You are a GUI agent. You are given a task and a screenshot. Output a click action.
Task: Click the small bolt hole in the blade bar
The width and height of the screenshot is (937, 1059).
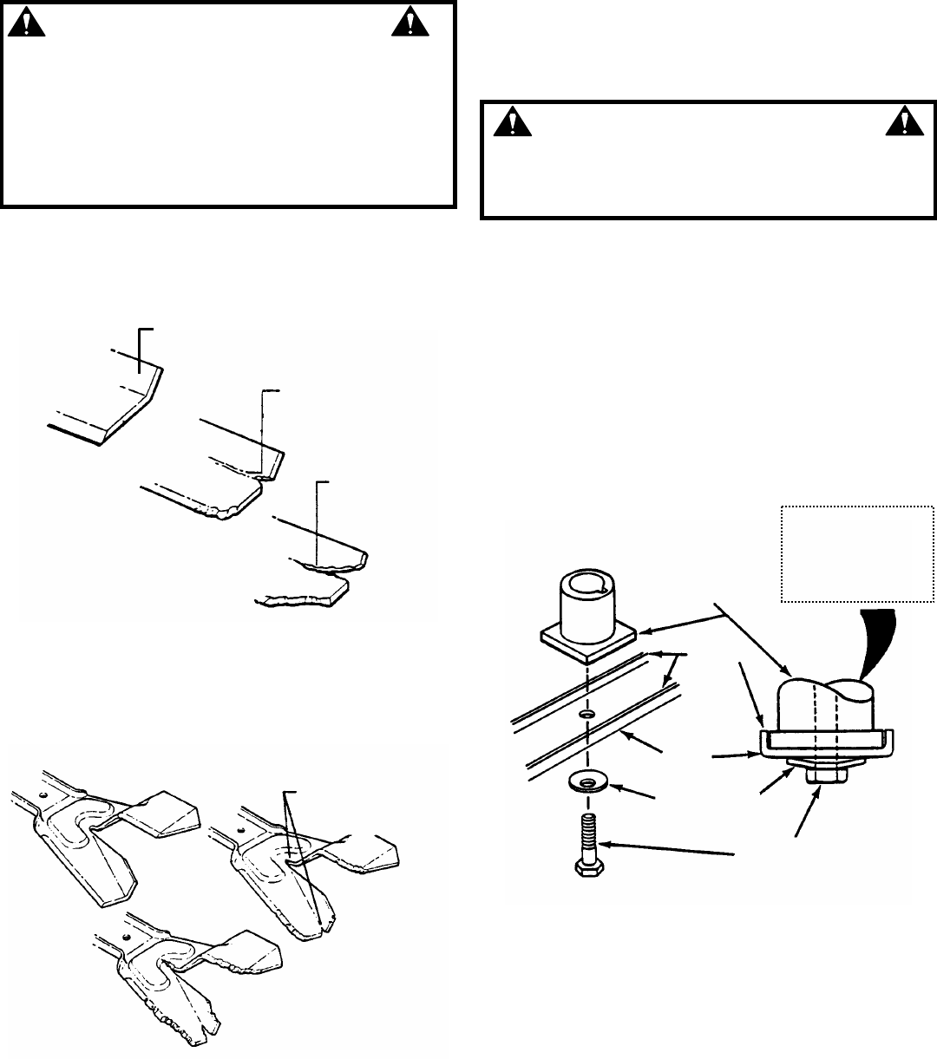586,714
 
